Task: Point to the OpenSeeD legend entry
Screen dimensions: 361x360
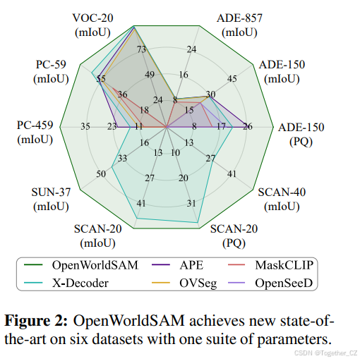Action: (x=288, y=283)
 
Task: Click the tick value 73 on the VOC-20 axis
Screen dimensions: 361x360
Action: (x=142, y=49)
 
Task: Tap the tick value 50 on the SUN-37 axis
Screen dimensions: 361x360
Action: (x=101, y=174)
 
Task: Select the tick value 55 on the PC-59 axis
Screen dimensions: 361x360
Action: (x=100, y=80)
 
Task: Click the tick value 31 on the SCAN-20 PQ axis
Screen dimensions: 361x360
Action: (x=192, y=204)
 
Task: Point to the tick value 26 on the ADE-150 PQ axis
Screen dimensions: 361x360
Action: (x=246, y=127)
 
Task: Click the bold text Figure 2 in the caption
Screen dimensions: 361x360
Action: (x=35, y=319)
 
